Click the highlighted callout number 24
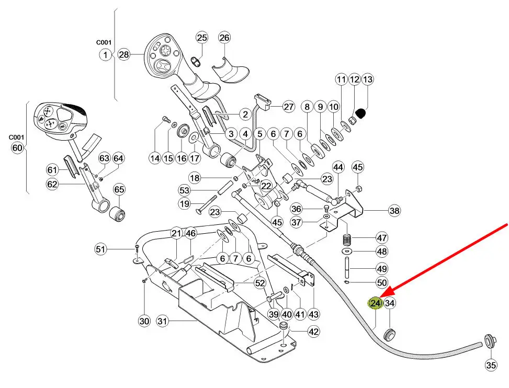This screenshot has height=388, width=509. [x=376, y=303]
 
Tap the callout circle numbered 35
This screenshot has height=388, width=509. [x=491, y=366]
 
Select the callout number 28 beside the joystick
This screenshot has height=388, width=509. [x=123, y=54]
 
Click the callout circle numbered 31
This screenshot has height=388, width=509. [x=163, y=322]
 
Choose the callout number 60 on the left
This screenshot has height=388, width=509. [x=17, y=148]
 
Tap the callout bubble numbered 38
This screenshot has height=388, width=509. [x=394, y=211]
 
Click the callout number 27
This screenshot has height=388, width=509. [x=289, y=107]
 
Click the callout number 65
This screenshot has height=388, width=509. [x=119, y=189]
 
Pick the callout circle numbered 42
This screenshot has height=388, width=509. [x=313, y=331]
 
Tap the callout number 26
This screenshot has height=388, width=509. [x=224, y=38]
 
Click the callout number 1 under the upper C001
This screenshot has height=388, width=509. [x=106, y=54]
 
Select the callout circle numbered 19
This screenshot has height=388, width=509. [x=184, y=204]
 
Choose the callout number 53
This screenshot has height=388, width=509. [x=184, y=190]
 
